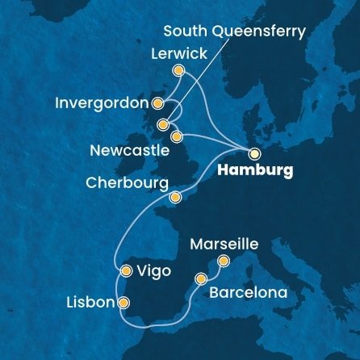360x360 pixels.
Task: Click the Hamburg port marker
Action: [x=254, y=153]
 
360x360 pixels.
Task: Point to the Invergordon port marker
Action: [x=158, y=103]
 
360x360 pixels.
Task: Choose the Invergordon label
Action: [x=102, y=104]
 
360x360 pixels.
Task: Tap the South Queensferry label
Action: [x=234, y=32]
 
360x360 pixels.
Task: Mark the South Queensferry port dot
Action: [x=163, y=125]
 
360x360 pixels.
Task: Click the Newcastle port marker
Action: [x=178, y=136]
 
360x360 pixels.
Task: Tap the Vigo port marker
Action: [x=126, y=271]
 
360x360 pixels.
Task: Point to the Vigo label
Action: [x=154, y=271]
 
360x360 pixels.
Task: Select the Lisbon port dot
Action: [x=123, y=303]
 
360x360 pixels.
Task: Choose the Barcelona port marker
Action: [x=200, y=279]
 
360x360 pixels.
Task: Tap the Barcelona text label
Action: [x=248, y=292]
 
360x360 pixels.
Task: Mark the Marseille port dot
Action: [x=224, y=260]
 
